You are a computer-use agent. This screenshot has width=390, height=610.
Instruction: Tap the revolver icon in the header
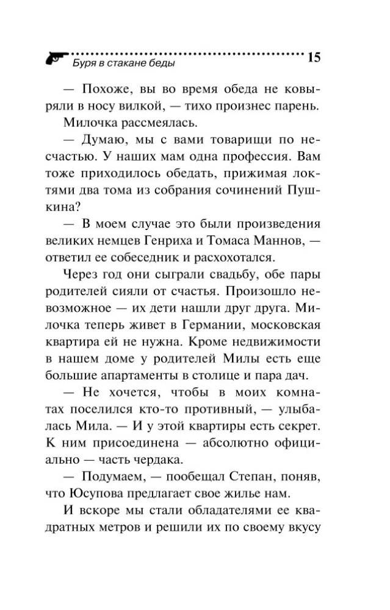(x=56, y=59)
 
